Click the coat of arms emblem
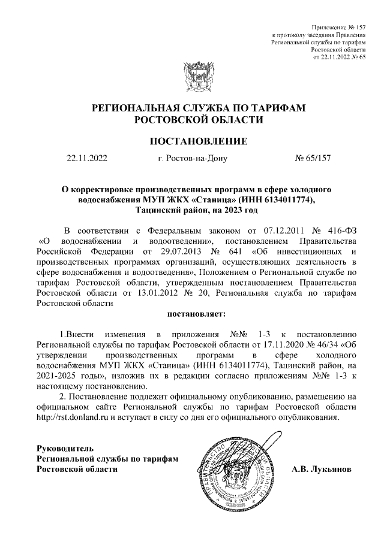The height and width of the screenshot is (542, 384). pos(198,77)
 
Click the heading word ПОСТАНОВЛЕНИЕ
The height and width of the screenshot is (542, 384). pos(198,142)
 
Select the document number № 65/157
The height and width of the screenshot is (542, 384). pos(313,159)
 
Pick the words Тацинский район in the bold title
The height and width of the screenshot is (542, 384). pos(169,210)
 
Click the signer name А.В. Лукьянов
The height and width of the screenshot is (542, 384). pos(326,468)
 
